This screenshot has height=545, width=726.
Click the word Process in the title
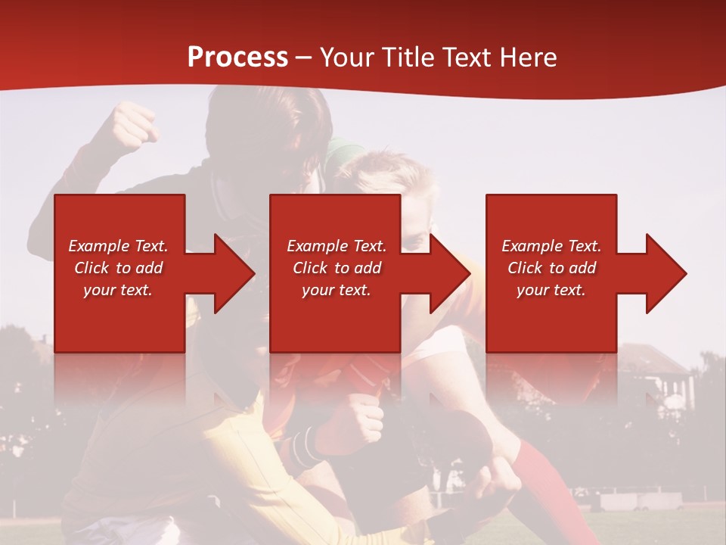237,58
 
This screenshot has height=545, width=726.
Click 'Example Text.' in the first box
118,246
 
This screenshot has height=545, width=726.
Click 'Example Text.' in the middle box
337,246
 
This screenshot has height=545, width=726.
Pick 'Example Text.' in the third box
551,246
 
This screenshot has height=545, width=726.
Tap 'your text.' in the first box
118,290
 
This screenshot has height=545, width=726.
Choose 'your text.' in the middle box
337,290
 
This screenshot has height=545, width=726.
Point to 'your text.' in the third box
551,290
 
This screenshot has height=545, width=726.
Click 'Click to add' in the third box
551,268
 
